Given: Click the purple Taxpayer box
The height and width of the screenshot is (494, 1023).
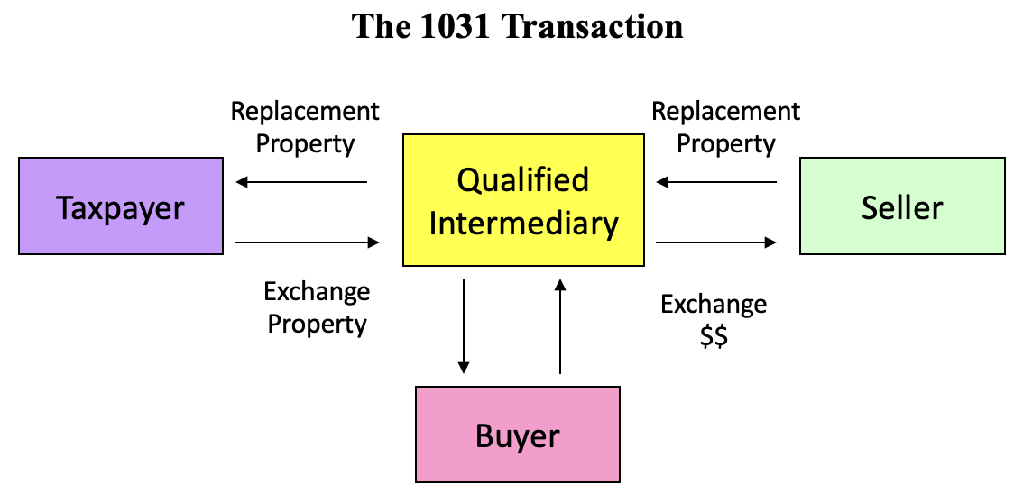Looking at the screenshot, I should [121, 206].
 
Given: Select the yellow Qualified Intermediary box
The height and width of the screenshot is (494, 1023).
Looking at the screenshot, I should [523, 200].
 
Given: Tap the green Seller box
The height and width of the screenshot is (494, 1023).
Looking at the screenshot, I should [902, 206].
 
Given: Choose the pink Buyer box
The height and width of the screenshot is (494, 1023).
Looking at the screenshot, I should [517, 435].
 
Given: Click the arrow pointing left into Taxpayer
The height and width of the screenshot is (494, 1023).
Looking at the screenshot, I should [301, 183].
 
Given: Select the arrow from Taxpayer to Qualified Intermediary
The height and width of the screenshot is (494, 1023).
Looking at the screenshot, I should [307, 242].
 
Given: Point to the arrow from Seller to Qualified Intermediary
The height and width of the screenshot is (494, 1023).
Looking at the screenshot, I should [716, 183].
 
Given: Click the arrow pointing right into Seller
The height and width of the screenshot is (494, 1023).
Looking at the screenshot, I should [716, 242].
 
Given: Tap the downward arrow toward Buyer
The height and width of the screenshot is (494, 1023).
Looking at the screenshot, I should [464, 325].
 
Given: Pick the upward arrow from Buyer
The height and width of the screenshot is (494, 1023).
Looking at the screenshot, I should [560, 325].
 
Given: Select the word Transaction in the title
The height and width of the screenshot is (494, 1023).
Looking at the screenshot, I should [592, 25].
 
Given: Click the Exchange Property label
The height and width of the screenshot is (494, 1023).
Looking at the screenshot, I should [317, 307].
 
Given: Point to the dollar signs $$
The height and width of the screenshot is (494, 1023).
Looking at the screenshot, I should [714, 337].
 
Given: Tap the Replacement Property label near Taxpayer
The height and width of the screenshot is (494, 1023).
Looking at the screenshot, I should [305, 127].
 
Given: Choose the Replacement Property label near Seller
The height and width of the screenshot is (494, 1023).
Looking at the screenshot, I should [725, 127].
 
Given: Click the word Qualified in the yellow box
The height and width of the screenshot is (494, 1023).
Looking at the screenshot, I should [523, 180].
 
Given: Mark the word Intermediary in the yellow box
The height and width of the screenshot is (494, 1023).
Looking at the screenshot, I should [523, 223].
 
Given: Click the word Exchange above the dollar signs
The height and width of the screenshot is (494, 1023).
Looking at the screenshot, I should [714, 305].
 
